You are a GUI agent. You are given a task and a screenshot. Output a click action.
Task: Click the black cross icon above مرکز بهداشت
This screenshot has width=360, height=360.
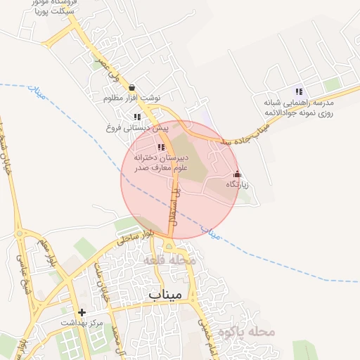click(82, 312)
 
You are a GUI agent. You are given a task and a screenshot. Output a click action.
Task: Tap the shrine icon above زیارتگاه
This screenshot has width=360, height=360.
click(237, 174)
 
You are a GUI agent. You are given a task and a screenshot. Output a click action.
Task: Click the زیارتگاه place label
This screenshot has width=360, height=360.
click(237, 184)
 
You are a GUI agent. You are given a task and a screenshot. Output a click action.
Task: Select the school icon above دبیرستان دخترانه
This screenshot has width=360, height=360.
click(161, 148)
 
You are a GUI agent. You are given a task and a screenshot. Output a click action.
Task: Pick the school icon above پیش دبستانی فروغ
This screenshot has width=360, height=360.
click(138, 117)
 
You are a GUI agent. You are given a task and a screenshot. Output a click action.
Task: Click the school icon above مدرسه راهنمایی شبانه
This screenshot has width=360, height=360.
click(300, 91)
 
